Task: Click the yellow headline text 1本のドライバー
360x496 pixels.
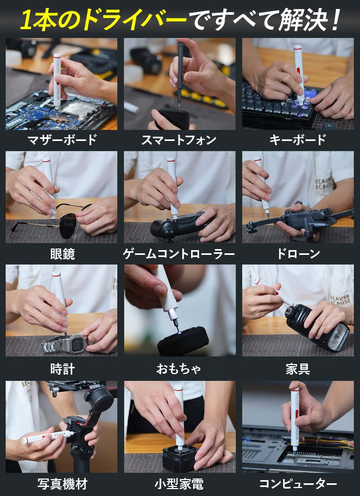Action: [104, 20]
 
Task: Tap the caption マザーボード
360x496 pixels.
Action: [62, 140]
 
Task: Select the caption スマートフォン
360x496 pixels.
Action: [179, 140]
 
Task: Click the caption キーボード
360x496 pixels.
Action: [298, 140]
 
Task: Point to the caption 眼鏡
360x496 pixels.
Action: [62, 254]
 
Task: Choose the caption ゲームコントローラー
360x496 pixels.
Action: [179, 254]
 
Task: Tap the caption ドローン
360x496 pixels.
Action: [298, 254]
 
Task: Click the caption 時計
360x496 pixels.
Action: [62, 369]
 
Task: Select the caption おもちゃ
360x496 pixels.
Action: [179, 369]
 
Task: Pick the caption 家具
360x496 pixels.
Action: [298, 369]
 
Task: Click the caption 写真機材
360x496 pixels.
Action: [62, 484]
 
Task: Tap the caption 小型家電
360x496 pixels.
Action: [179, 484]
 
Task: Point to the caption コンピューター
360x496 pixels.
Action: [298, 484]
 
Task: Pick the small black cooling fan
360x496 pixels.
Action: [180, 457]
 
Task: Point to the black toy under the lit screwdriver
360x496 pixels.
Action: [183, 341]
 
